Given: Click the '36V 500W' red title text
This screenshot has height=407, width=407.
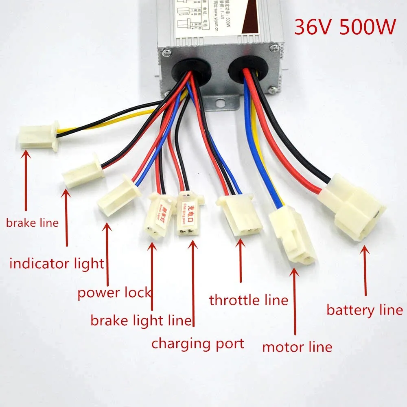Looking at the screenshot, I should click(345, 28).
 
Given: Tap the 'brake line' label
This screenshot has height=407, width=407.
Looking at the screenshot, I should click(32, 223).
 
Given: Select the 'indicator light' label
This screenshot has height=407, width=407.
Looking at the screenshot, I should click(57, 263).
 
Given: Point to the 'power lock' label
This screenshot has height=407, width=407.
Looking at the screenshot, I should click(114, 292).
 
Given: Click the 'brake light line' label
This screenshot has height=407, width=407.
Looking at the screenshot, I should click(141, 321).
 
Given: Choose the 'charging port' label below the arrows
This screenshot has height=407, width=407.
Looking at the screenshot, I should click(198, 344).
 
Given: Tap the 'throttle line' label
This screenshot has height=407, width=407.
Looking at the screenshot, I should click(248, 300).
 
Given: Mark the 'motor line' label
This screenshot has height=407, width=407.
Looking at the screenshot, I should click(297, 347).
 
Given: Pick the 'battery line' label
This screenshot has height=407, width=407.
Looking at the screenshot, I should click(365, 311).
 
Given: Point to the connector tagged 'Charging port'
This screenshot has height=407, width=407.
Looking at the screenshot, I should click(189, 214).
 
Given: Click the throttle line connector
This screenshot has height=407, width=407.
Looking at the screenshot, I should click(241, 214).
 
